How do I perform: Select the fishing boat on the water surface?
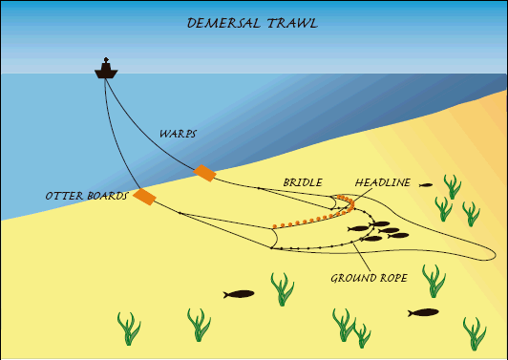106,71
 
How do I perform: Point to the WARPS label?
178,135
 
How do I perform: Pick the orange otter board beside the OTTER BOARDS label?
144,197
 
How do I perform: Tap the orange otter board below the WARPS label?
204,173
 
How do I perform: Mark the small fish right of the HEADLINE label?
426,184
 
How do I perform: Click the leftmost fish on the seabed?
240,294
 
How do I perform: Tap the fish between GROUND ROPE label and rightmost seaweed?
423,312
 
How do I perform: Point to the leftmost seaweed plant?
129,328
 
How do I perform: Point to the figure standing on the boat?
106,61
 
